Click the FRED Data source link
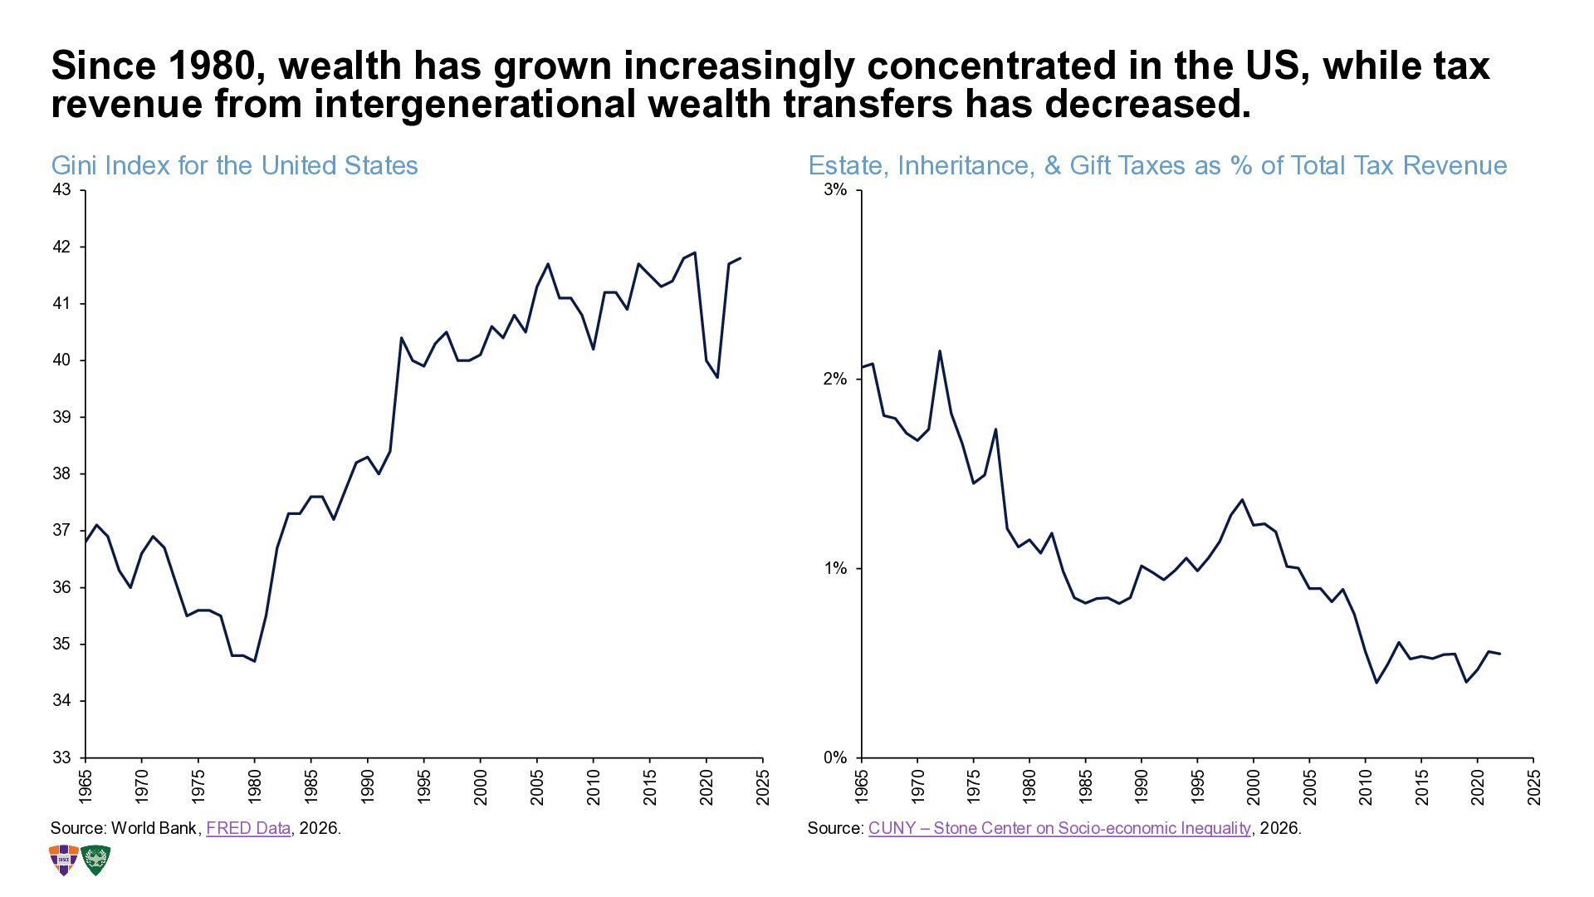[248, 828]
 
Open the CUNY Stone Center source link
[1059, 828]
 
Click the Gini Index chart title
[234, 165]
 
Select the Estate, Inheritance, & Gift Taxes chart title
[1157, 165]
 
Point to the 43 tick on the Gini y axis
[61, 190]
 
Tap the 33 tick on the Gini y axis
[61, 757]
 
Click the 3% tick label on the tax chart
[835, 190]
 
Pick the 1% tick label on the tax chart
[835, 569]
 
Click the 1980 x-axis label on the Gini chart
[255, 786]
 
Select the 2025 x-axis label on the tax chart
[1534, 786]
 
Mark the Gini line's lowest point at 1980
[254, 661]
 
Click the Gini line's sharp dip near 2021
[716, 377]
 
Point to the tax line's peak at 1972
[940, 351]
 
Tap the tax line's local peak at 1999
[1242, 500]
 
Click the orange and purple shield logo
[64, 860]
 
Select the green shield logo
[95, 860]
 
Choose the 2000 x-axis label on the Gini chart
[481, 786]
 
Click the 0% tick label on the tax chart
[835, 757]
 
